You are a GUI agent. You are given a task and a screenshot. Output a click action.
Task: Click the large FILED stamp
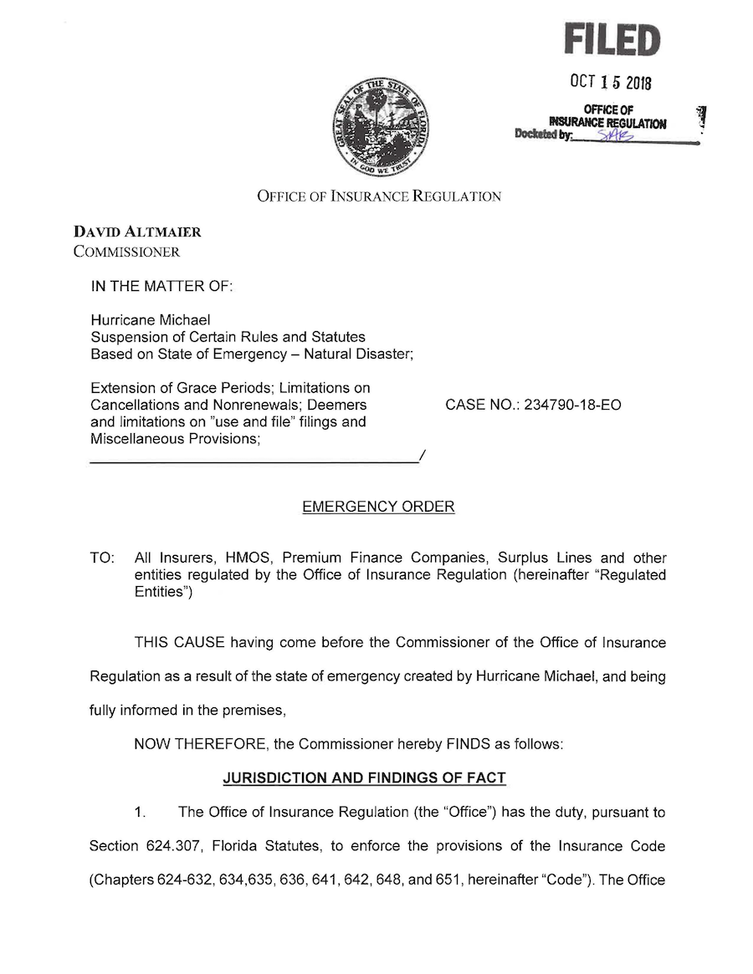click(612, 39)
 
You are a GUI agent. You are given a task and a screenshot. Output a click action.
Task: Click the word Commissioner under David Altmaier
click(126, 251)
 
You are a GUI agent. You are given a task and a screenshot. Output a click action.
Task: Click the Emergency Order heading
click(378, 507)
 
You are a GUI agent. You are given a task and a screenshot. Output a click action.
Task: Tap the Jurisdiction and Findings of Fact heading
click(364, 778)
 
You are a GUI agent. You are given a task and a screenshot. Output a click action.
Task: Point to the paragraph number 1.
click(140, 812)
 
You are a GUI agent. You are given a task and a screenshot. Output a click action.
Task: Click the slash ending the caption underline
click(423, 456)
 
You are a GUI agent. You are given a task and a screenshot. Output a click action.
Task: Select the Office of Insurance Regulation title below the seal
click(378, 196)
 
